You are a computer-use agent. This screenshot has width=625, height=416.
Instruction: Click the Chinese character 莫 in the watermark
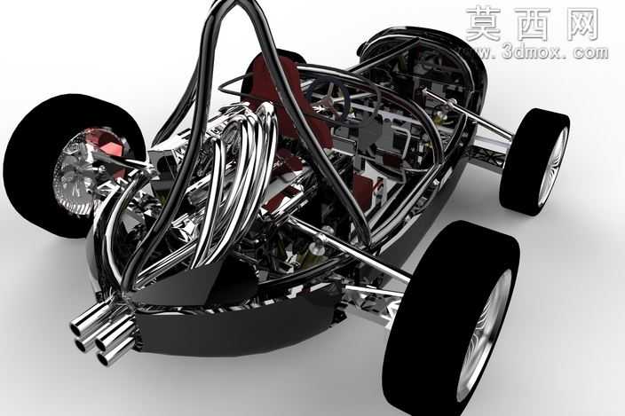tap(484, 24)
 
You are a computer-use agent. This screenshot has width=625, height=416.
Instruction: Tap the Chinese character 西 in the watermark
tap(534, 24)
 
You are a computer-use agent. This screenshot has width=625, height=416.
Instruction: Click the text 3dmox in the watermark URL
tap(528, 52)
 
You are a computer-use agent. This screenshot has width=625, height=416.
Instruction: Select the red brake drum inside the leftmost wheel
tap(107, 144)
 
